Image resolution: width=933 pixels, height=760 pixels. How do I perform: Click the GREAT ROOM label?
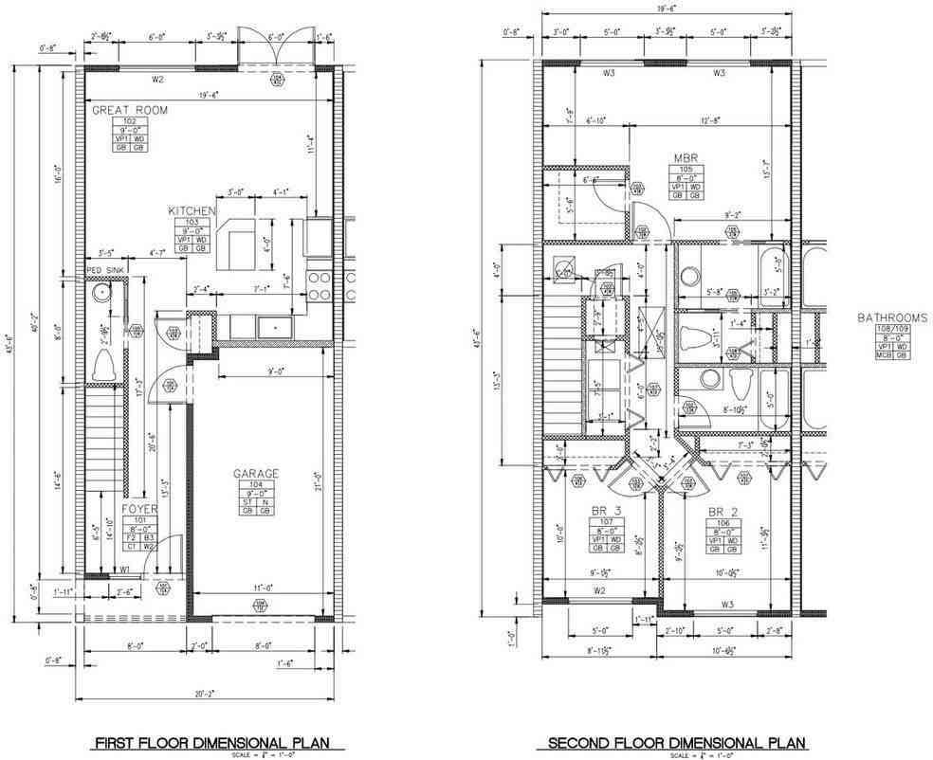coord(130,110)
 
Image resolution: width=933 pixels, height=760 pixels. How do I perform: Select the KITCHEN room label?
coord(192,210)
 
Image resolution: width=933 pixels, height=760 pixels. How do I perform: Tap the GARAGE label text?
coord(256,473)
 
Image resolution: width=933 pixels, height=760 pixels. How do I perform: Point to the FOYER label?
coord(139,508)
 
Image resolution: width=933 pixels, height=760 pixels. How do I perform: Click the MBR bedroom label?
coord(686,157)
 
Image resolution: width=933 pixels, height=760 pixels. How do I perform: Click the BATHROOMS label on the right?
coord(891,317)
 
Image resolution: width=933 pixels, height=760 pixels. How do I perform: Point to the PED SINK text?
coord(105,269)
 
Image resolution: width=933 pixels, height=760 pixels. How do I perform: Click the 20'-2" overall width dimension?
coord(201,693)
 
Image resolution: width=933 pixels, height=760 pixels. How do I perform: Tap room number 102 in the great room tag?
coord(130,122)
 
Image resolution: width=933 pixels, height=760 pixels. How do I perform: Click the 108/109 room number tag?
coord(891,330)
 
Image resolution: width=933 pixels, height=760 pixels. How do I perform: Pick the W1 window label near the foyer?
coord(125,570)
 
